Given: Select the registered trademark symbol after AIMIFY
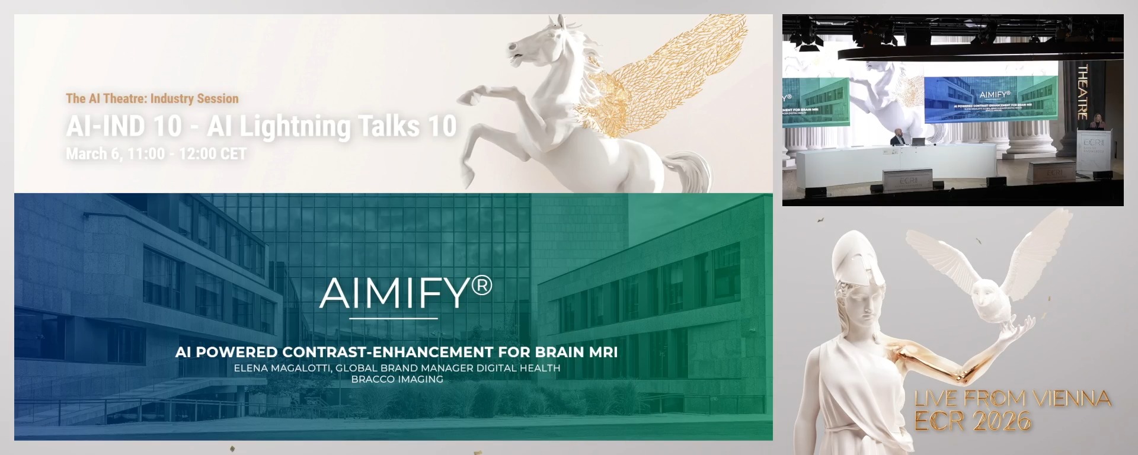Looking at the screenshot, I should (481, 286).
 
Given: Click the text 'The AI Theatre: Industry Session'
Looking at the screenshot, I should (152, 98).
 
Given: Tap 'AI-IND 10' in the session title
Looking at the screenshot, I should (124, 126).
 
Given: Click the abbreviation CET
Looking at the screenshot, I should (232, 154).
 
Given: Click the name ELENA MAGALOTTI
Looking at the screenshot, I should (282, 368).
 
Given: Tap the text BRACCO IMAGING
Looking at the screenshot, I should (397, 379).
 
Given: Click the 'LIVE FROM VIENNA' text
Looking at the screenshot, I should (1012, 399).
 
